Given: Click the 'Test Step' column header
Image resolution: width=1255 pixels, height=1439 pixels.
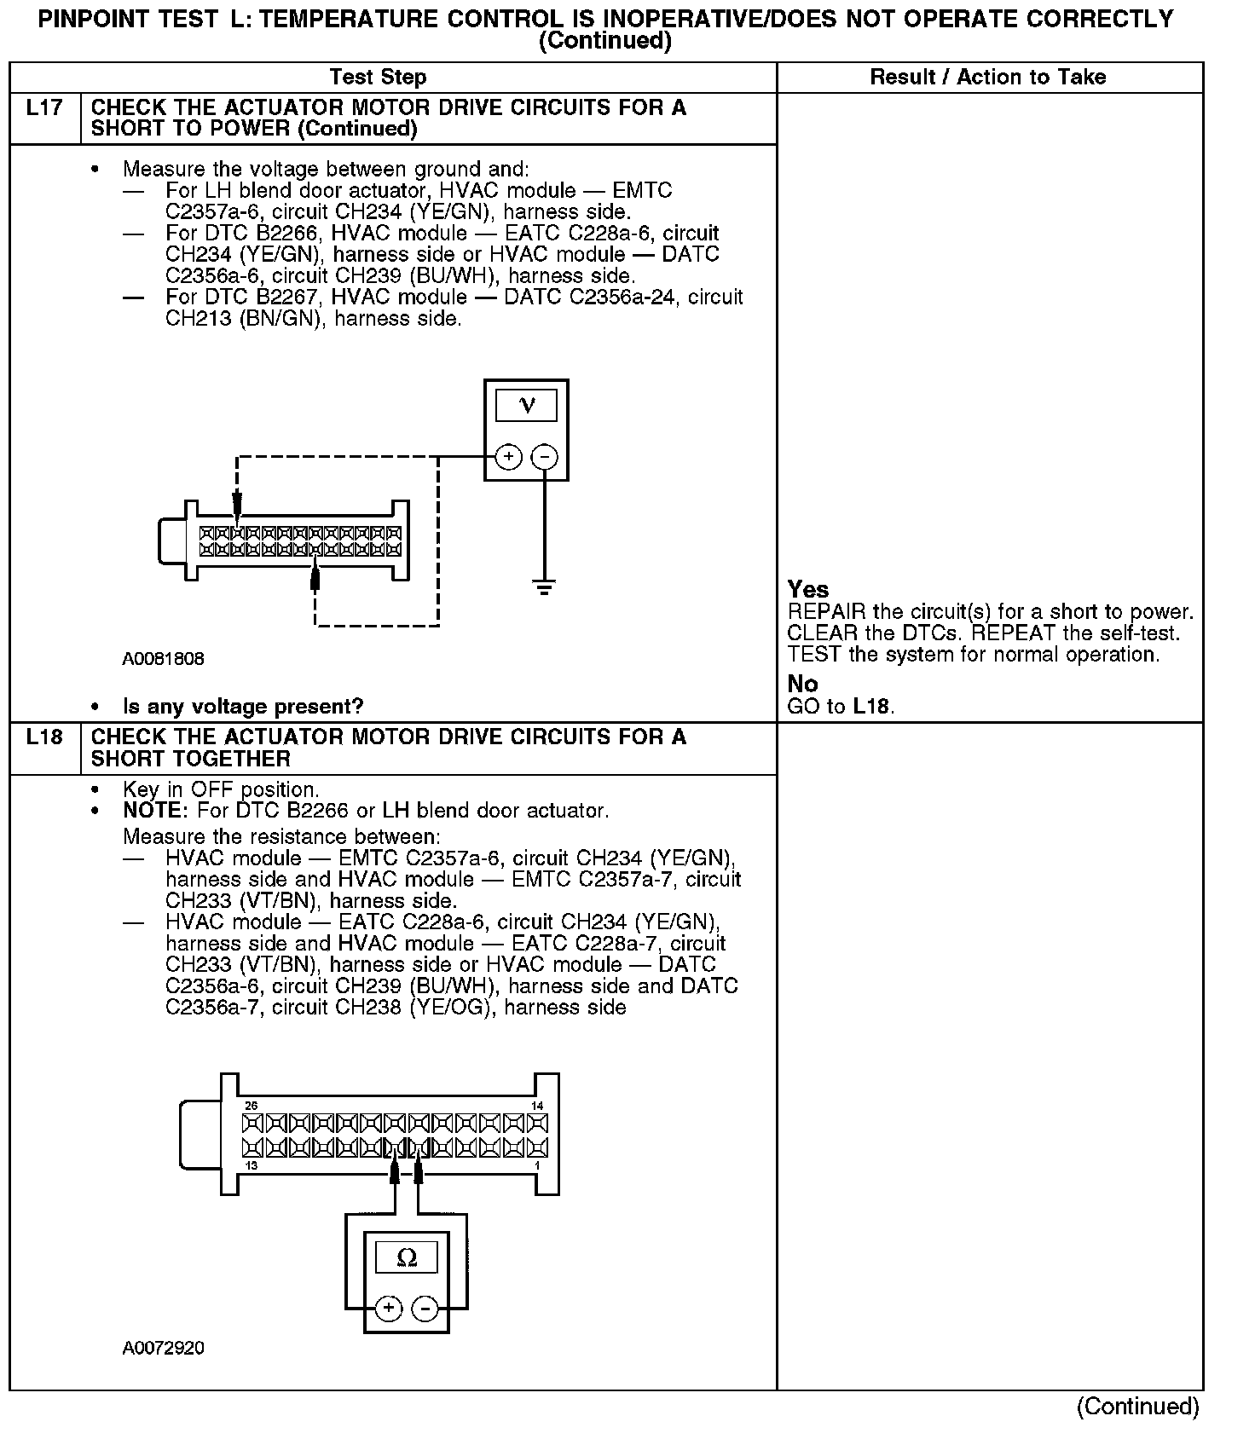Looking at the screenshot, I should point(378,78).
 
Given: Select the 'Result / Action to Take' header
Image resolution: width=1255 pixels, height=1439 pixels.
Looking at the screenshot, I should point(987,78).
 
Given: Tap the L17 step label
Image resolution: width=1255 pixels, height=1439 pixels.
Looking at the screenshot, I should point(44,109).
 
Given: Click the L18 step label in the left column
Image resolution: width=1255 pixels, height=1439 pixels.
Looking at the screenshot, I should point(44,737).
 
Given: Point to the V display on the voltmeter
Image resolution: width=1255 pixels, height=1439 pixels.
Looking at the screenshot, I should point(526,406).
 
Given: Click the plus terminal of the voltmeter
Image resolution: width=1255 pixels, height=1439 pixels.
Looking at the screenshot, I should point(508,457).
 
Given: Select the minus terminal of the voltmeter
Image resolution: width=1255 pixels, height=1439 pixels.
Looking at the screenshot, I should point(544,457).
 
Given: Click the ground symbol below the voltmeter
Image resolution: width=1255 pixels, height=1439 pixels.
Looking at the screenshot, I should point(544,587).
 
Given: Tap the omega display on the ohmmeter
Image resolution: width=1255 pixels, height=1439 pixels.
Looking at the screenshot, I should point(407,1257).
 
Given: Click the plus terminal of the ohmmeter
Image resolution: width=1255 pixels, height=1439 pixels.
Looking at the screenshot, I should point(388,1309).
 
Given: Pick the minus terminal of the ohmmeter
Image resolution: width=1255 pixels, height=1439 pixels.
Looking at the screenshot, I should point(425,1309).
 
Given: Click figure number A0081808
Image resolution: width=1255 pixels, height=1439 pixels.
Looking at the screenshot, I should point(164,659).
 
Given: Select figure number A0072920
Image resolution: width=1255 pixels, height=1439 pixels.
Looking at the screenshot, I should point(164,1349).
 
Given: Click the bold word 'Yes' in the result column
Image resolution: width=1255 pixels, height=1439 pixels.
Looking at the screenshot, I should point(808,590).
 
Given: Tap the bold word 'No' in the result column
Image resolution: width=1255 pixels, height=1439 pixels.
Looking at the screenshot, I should point(803,684).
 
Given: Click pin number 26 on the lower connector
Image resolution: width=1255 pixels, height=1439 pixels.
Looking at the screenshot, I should point(251,1106).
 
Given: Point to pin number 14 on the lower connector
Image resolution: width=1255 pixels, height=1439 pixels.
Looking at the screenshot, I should point(537,1106).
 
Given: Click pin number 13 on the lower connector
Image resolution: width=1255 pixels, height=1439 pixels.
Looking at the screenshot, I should point(251,1166).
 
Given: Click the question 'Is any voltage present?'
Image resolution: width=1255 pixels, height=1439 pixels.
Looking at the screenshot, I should point(243,707).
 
